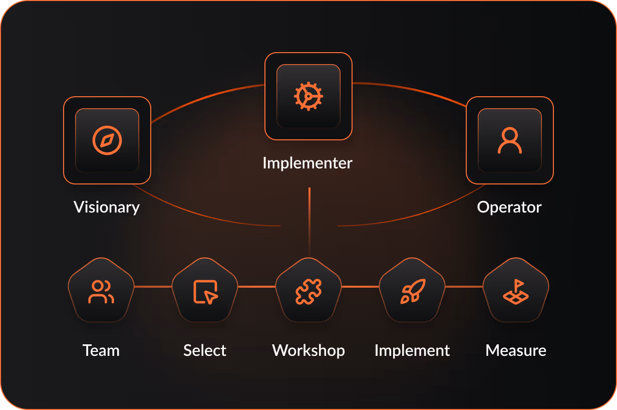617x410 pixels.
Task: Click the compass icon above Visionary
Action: click(107, 140)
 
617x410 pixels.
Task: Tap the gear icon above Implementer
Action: click(308, 96)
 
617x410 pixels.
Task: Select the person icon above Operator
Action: click(509, 140)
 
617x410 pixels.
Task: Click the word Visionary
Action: click(107, 207)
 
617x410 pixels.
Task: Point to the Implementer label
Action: click(307, 163)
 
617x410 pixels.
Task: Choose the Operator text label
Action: click(509, 207)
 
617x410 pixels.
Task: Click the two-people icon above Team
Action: click(101, 292)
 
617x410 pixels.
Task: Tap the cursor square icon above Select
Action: click(205, 292)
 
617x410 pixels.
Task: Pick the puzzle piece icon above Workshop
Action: click(308, 292)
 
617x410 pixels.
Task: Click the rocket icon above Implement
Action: click(413, 291)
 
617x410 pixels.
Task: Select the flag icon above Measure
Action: click(516, 292)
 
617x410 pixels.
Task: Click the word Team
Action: click(101, 350)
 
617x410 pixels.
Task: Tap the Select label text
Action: click(205, 350)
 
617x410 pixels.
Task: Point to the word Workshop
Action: click(308, 350)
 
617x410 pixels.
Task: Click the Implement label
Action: click(412, 350)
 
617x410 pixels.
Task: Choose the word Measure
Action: click(516, 350)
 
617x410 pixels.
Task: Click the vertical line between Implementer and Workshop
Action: click(310, 221)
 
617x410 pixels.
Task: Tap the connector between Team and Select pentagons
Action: click(153, 287)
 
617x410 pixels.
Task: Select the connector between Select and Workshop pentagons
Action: click(257, 287)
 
